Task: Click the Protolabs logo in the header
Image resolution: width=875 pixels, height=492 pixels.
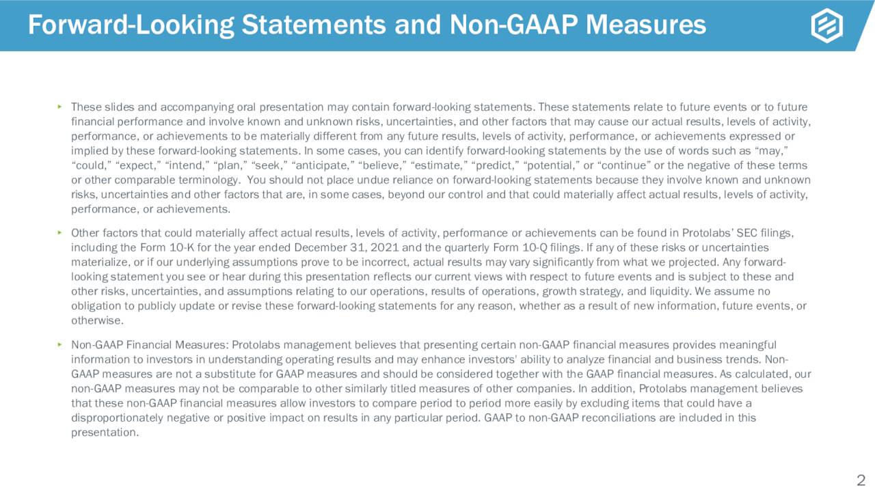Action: click(826, 26)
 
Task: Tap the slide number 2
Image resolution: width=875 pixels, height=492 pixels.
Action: click(861, 478)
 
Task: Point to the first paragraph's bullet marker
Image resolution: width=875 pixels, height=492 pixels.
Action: click(59, 107)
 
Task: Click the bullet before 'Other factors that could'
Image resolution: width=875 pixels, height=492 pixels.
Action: click(59, 233)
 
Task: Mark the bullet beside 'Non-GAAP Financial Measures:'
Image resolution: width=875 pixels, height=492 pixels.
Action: click(59, 344)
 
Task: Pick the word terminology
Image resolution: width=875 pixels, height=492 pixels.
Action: click(205, 180)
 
